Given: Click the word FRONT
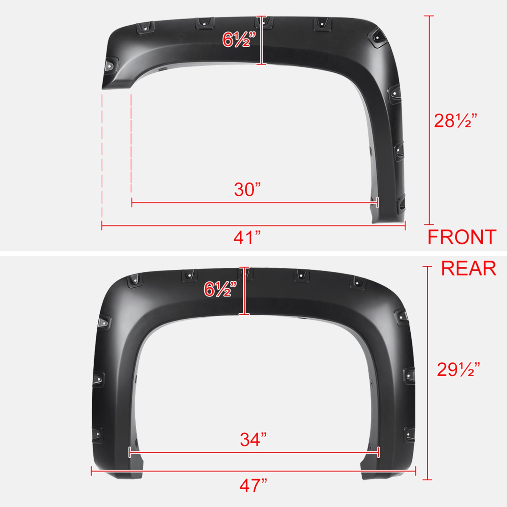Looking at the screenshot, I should pyautogui.click(x=462, y=237).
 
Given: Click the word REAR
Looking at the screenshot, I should pyautogui.click(x=468, y=269).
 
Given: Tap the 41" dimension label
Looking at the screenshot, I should pyautogui.click(x=247, y=238).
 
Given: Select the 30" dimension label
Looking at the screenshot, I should pyautogui.click(x=247, y=189).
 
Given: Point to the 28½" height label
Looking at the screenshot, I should pyautogui.click(x=455, y=121).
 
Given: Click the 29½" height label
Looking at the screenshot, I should pyautogui.click(x=458, y=369).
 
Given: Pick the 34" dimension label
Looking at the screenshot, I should pyautogui.click(x=253, y=439).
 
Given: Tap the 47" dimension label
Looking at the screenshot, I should pyautogui.click(x=253, y=486).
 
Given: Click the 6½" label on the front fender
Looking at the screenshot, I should pyautogui.click(x=237, y=40).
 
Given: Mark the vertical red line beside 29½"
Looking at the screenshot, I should pyautogui.click(x=428, y=372).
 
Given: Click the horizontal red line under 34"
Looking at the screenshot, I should pyautogui.click(x=254, y=452).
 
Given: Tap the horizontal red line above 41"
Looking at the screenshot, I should pyautogui.click(x=253, y=225).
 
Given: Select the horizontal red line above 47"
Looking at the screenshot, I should pyautogui.click(x=253, y=471).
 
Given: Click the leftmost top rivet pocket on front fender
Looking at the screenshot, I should pyautogui.click(x=145, y=27).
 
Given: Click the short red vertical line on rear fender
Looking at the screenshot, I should pyautogui.click(x=244, y=291).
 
